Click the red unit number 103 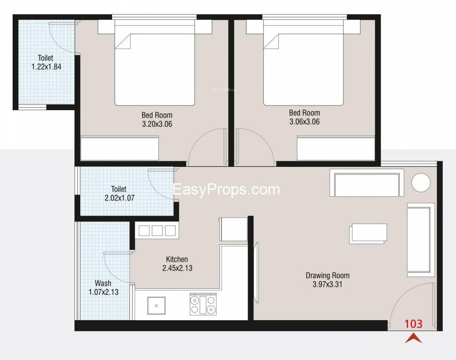tap(413, 323)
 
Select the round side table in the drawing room tap(421, 182)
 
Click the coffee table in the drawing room tap(368, 233)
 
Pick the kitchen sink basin tap(156, 305)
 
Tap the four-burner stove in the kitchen tap(203, 305)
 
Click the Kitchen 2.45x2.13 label tap(177, 263)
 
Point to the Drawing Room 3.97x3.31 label tap(328, 280)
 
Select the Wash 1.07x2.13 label tap(103, 288)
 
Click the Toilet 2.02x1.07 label tap(119, 194)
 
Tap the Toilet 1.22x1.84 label tap(46, 62)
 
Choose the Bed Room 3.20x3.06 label tap(157, 120)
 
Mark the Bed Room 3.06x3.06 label tap(304, 117)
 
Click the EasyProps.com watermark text tap(226, 189)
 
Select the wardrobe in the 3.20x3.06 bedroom tap(120, 148)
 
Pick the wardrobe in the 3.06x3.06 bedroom tap(336, 148)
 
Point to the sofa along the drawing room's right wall tap(420, 240)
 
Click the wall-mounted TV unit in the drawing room tap(256, 272)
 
